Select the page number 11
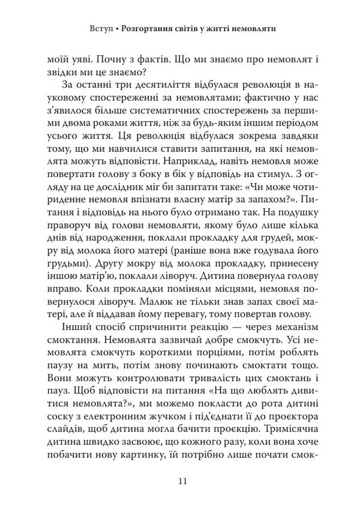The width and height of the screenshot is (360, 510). coord(184,481)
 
